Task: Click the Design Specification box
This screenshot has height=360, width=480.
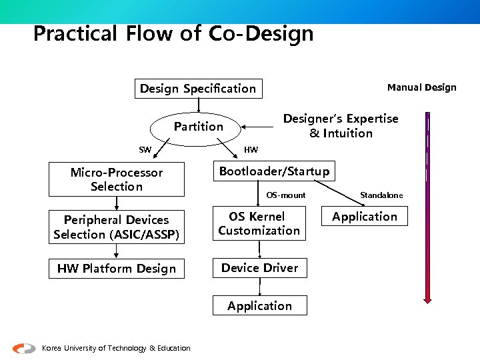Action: coord(198,89)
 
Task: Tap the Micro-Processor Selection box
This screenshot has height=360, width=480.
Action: coord(116,180)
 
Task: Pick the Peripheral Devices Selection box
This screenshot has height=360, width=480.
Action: coord(116,227)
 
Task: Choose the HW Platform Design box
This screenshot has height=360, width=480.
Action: coord(116,269)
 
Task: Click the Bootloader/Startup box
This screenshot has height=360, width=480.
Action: coord(274,172)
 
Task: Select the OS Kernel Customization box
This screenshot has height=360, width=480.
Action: coord(259,224)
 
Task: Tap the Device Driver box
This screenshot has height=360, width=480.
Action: coord(259,268)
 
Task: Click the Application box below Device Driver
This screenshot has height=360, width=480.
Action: coord(259,306)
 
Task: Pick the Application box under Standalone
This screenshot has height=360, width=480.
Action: coord(365,217)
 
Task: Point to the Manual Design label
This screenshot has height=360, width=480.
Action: coord(422,87)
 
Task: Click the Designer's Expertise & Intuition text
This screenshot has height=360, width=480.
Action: coord(341,126)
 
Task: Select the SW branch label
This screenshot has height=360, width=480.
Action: coord(145,150)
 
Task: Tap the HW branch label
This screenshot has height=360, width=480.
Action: coord(251,149)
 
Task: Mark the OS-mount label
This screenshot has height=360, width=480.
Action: coord(286,195)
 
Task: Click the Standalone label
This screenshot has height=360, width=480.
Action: coord(381,195)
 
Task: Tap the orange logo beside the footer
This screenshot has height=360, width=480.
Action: coord(24,347)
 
